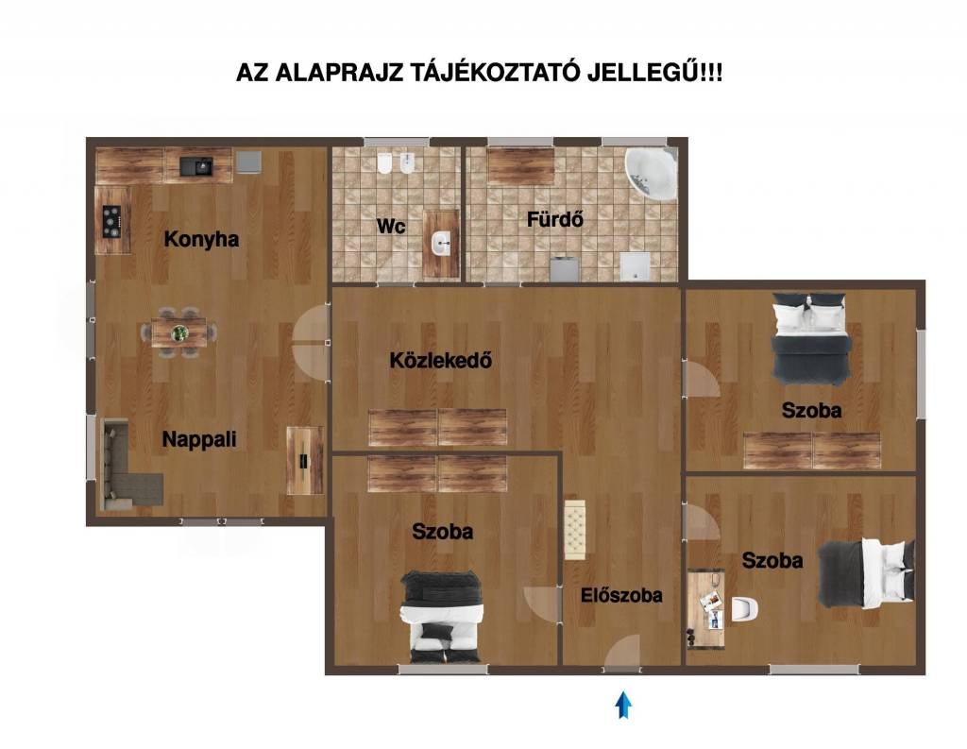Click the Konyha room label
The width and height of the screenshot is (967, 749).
[201, 239]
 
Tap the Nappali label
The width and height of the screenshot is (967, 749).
[199, 439]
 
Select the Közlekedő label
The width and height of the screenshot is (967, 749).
[441, 360]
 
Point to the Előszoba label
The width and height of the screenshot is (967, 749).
[621, 595]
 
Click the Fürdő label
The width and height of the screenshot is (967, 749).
[555, 219]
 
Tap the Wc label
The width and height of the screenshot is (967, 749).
[391, 226]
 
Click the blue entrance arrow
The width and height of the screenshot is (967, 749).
[623, 705]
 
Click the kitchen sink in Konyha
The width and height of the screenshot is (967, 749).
[196, 165]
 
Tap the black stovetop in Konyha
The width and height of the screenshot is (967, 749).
[111, 220]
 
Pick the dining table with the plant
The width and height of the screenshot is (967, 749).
[179, 333]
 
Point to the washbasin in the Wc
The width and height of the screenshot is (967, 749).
[441, 243]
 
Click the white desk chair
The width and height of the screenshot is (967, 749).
[745, 609]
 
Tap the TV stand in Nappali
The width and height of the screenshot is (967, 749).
[305, 460]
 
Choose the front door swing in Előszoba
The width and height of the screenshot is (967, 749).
[622, 651]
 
